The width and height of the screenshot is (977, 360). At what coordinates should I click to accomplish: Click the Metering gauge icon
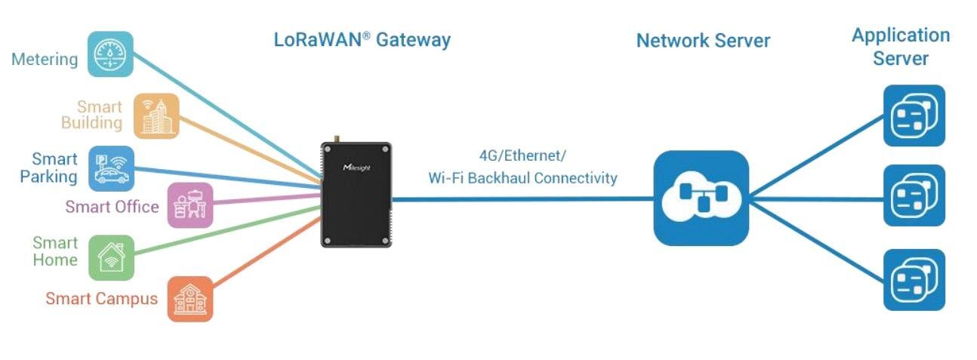tap(110, 54)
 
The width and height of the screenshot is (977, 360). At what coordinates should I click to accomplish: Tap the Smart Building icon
tap(156, 115)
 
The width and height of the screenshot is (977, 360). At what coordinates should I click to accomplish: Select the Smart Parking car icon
tap(111, 168)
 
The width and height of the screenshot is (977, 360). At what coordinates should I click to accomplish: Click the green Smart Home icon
tap(111, 257)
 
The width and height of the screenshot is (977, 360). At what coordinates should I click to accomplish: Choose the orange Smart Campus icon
tap(190, 299)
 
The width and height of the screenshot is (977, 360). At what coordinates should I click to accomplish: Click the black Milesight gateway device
tap(356, 194)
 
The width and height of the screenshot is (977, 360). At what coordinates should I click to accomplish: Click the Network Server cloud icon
tap(701, 198)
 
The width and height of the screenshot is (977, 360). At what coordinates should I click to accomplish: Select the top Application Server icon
tap(914, 115)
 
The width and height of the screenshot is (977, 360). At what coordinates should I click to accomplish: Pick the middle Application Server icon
tap(914, 195)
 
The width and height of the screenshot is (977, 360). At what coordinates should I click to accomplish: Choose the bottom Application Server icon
tap(914, 280)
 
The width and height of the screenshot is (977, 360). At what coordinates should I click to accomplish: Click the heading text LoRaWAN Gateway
tap(362, 39)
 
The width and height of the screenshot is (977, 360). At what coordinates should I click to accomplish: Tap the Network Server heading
tap(703, 40)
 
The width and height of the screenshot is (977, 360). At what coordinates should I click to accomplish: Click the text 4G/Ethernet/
tap(522, 156)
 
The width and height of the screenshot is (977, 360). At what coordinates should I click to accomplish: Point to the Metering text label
tap(45, 59)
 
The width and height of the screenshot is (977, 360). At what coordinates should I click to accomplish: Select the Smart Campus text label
tap(101, 299)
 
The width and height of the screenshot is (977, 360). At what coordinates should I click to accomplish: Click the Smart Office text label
tap(112, 207)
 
